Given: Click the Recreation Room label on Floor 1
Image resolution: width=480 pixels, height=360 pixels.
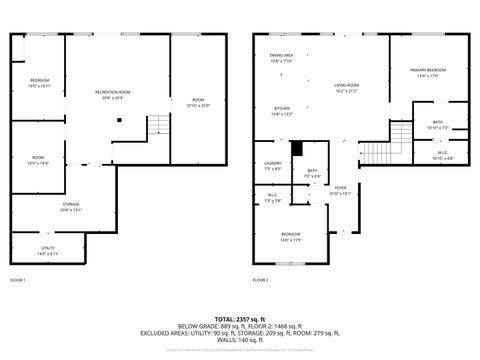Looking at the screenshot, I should [113, 94].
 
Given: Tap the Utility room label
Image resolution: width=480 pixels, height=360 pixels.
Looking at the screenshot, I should [47, 251].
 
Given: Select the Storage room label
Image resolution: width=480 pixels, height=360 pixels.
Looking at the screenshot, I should [70, 206].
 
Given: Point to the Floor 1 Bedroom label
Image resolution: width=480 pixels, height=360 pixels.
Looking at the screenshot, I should [39, 83].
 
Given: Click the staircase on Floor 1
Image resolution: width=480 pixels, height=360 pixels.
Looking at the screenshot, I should [159, 126].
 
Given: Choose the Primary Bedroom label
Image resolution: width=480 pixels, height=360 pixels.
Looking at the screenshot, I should [428, 72].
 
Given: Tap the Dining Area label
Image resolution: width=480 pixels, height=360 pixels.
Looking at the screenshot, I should [281, 58].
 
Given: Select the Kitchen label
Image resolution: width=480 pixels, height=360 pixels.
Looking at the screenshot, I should [282, 110].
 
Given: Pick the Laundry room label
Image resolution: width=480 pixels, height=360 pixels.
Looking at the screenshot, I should [273, 166].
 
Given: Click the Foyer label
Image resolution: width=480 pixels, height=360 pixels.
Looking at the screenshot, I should [340, 190].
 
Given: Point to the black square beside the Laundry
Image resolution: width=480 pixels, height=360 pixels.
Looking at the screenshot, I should [296, 150].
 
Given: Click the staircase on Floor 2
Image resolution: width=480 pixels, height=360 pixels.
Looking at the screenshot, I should [374, 152].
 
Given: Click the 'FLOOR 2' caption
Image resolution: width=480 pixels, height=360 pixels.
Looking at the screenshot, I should [260, 279].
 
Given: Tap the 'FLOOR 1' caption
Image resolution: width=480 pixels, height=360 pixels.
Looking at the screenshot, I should [18, 279].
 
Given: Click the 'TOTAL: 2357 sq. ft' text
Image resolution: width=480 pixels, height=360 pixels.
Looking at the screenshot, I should [240, 317].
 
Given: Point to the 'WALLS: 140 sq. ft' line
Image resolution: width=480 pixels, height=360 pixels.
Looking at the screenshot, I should [240, 341].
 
